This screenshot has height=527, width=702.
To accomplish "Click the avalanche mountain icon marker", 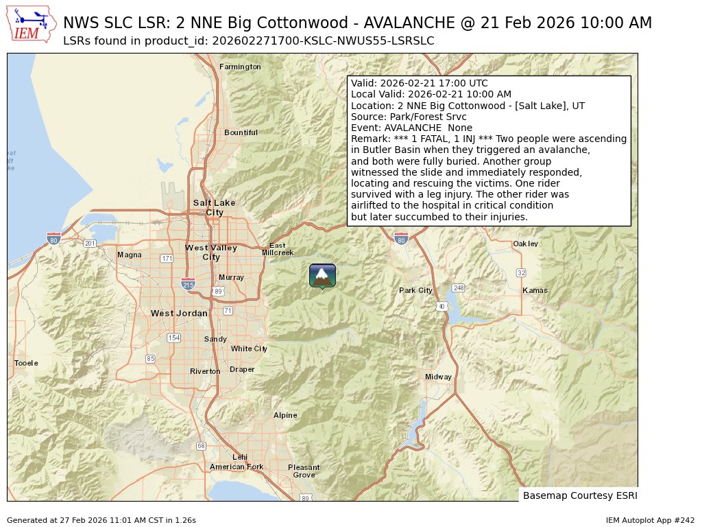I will coord(322,275).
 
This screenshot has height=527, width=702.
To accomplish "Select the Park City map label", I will coord(415,290).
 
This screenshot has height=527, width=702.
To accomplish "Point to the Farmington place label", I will coord(240,67).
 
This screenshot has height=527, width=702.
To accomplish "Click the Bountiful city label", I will coord(241,132).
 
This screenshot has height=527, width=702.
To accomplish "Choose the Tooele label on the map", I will coord(27,363).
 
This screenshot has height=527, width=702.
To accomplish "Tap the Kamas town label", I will coord(535,290).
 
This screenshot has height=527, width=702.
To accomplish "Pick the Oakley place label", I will coord(526,244).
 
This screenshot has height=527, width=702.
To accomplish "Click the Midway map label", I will coord(438,377).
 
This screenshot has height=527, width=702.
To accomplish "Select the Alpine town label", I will coord(285,415).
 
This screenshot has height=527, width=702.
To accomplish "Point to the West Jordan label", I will coord(179,313).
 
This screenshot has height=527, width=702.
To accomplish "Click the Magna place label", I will coord(130,255).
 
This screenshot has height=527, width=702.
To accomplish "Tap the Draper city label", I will coord(242,369).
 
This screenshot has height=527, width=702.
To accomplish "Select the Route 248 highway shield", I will coord(459,288).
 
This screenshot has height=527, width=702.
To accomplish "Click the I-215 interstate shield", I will coord(187,283).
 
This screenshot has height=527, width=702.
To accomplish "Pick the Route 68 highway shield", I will coord(201,446).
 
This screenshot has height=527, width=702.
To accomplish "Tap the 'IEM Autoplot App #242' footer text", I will coord(650,520).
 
